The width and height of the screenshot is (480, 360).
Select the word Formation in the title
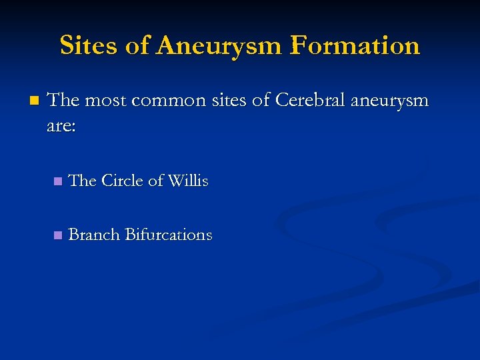click(355, 45)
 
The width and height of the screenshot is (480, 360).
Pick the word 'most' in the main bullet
click(105, 101)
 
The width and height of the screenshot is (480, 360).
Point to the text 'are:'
click(61, 125)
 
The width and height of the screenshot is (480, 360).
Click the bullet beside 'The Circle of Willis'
click(57, 181)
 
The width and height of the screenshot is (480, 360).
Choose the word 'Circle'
click(123, 181)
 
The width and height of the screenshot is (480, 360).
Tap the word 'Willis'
click(188, 181)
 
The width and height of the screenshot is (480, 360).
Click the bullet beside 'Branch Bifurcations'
click(57, 235)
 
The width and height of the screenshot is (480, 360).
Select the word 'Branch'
click(94, 235)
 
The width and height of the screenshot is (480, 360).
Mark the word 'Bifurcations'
click(169, 235)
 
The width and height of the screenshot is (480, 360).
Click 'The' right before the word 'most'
click(63, 101)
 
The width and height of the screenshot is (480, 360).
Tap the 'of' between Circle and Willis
click(157, 181)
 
